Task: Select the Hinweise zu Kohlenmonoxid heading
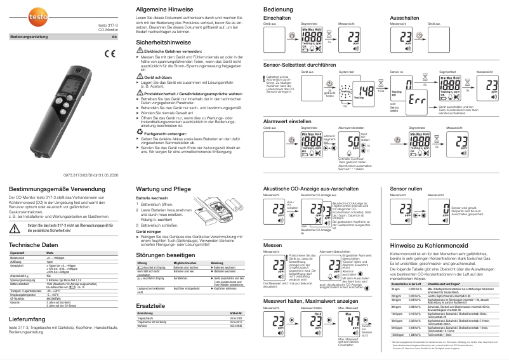coord(428,244)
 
